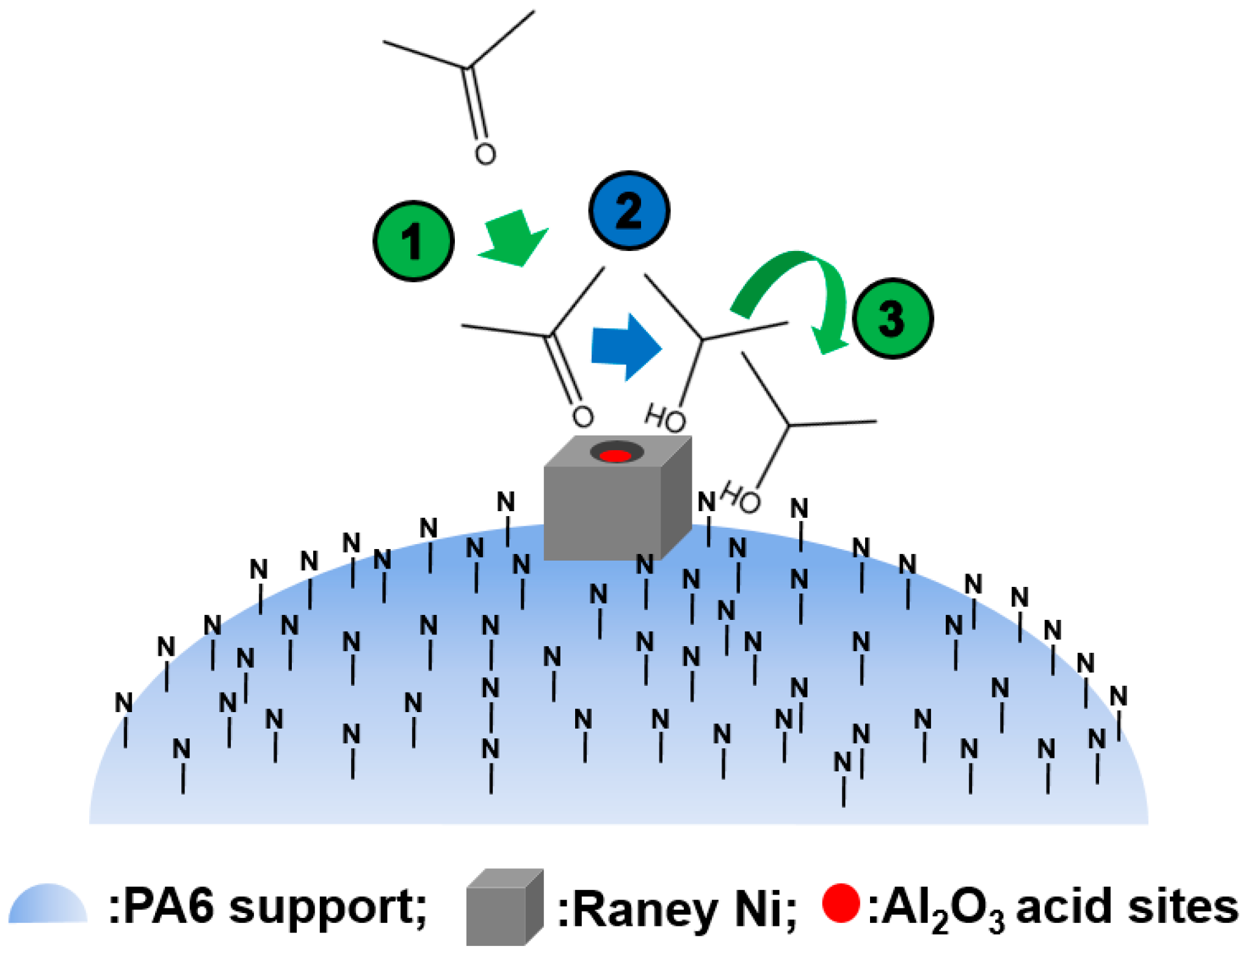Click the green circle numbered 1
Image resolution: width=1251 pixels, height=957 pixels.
click(413, 241)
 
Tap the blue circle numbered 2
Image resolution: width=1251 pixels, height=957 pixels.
click(629, 211)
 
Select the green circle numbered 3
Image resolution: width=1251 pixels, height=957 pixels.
click(892, 318)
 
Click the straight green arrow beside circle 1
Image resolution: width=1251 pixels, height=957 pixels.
click(514, 239)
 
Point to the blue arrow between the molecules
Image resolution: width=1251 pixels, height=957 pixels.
click(626, 347)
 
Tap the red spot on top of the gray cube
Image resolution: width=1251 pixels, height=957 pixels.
click(615, 456)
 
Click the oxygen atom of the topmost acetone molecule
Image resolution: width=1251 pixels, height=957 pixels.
click(485, 154)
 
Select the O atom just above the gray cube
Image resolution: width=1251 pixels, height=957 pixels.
click(582, 417)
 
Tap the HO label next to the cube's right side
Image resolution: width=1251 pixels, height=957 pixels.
click(741, 497)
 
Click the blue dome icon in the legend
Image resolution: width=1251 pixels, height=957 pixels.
click(48, 904)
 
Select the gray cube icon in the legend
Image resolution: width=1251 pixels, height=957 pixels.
click(504, 906)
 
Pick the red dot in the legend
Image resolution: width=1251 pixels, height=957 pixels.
click(841, 902)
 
